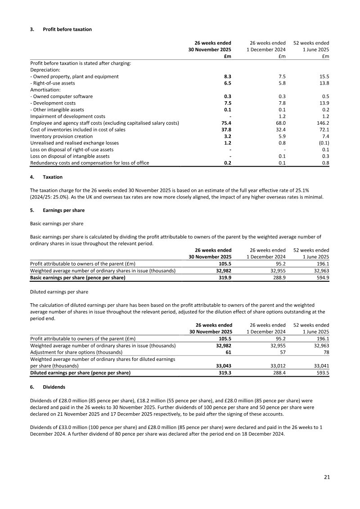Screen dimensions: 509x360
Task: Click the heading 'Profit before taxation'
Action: coord(67,29)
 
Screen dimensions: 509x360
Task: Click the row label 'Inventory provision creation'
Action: coord(62,136)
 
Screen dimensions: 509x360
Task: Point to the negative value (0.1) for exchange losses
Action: coord(322,143)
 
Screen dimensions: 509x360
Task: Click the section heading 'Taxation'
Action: coord(53,177)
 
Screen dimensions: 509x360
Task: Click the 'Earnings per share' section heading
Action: coord(63,210)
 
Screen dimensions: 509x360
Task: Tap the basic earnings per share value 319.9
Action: coord(225,278)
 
